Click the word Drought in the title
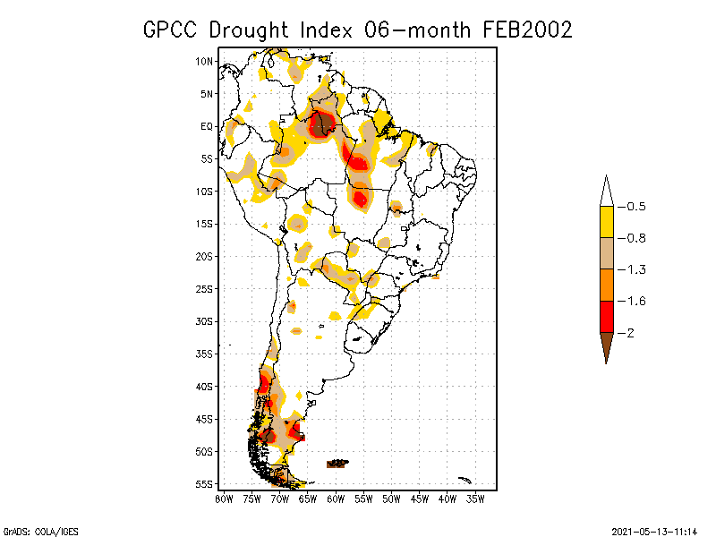coord(248,30)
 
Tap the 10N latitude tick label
coord(205,61)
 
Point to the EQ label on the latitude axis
coord(207,126)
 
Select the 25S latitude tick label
coord(205,288)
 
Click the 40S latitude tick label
coord(205,386)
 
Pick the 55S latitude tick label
coord(205,483)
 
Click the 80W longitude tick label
coord(224,498)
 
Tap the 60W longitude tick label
coord(336,498)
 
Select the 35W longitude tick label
coord(475,498)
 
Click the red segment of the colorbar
coord(606,316)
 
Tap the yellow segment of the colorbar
coord(606,222)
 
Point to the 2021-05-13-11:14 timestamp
coord(655,529)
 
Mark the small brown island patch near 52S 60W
coord(337,464)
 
